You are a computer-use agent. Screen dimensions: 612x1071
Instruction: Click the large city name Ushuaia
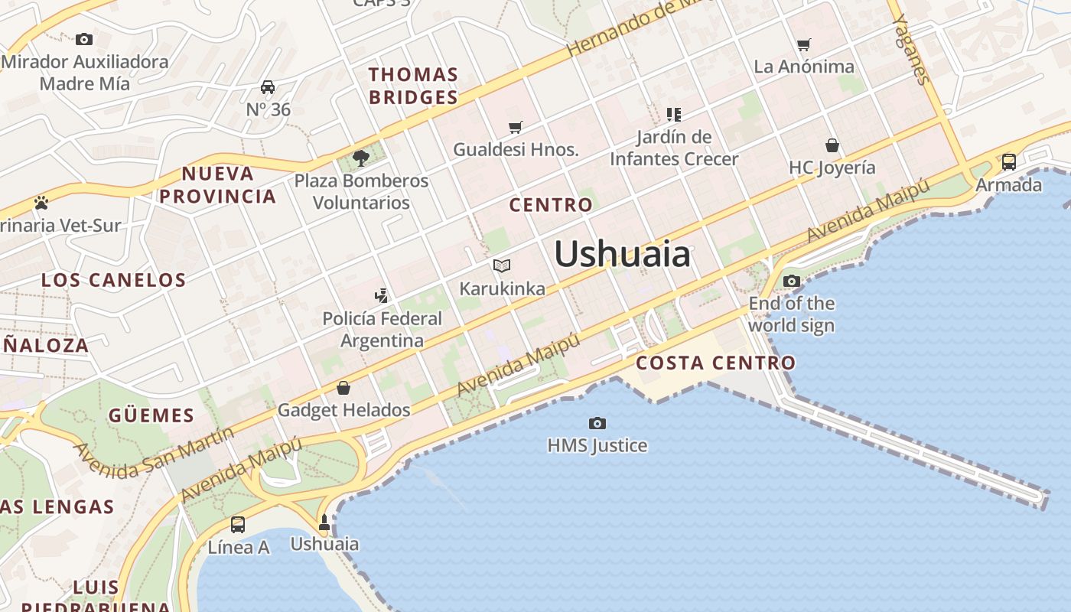[x=622, y=254]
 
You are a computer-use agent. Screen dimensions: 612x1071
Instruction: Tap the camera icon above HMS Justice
[x=597, y=423]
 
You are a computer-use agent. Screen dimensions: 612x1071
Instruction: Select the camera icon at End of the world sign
[x=792, y=281]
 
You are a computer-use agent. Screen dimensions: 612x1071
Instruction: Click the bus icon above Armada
[x=1009, y=161]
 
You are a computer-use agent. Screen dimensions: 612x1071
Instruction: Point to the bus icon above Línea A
[x=238, y=524]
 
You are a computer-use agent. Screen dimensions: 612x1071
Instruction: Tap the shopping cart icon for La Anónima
[x=803, y=44]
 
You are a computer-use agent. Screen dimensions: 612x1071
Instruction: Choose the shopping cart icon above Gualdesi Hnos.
[x=516, y=127]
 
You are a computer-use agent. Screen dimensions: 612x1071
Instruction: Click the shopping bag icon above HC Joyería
[x=832, y=145]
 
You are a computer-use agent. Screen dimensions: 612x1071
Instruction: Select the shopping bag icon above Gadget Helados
[x=343, y=388]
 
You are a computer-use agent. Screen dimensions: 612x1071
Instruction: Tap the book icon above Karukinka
[x=502, y=265]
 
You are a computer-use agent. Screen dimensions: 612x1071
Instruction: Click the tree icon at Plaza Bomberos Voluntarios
[x=361, y=158]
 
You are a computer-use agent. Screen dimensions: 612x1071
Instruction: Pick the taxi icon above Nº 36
[x=268, y=86]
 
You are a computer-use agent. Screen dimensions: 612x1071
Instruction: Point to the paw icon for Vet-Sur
[x=41, y=203]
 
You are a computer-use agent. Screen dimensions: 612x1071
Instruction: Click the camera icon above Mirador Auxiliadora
[x=84, y=39]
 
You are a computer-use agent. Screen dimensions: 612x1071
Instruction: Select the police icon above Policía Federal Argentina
[x=381, y=295]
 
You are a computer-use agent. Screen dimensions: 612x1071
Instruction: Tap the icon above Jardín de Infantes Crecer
[x=674, y=115]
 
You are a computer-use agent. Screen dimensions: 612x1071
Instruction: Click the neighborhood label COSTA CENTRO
[x=716, y=363]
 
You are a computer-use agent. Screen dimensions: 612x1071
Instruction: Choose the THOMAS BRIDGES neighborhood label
[x=413, y=86]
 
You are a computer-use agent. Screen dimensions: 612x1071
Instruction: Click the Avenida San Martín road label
[x=153, y=452]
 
